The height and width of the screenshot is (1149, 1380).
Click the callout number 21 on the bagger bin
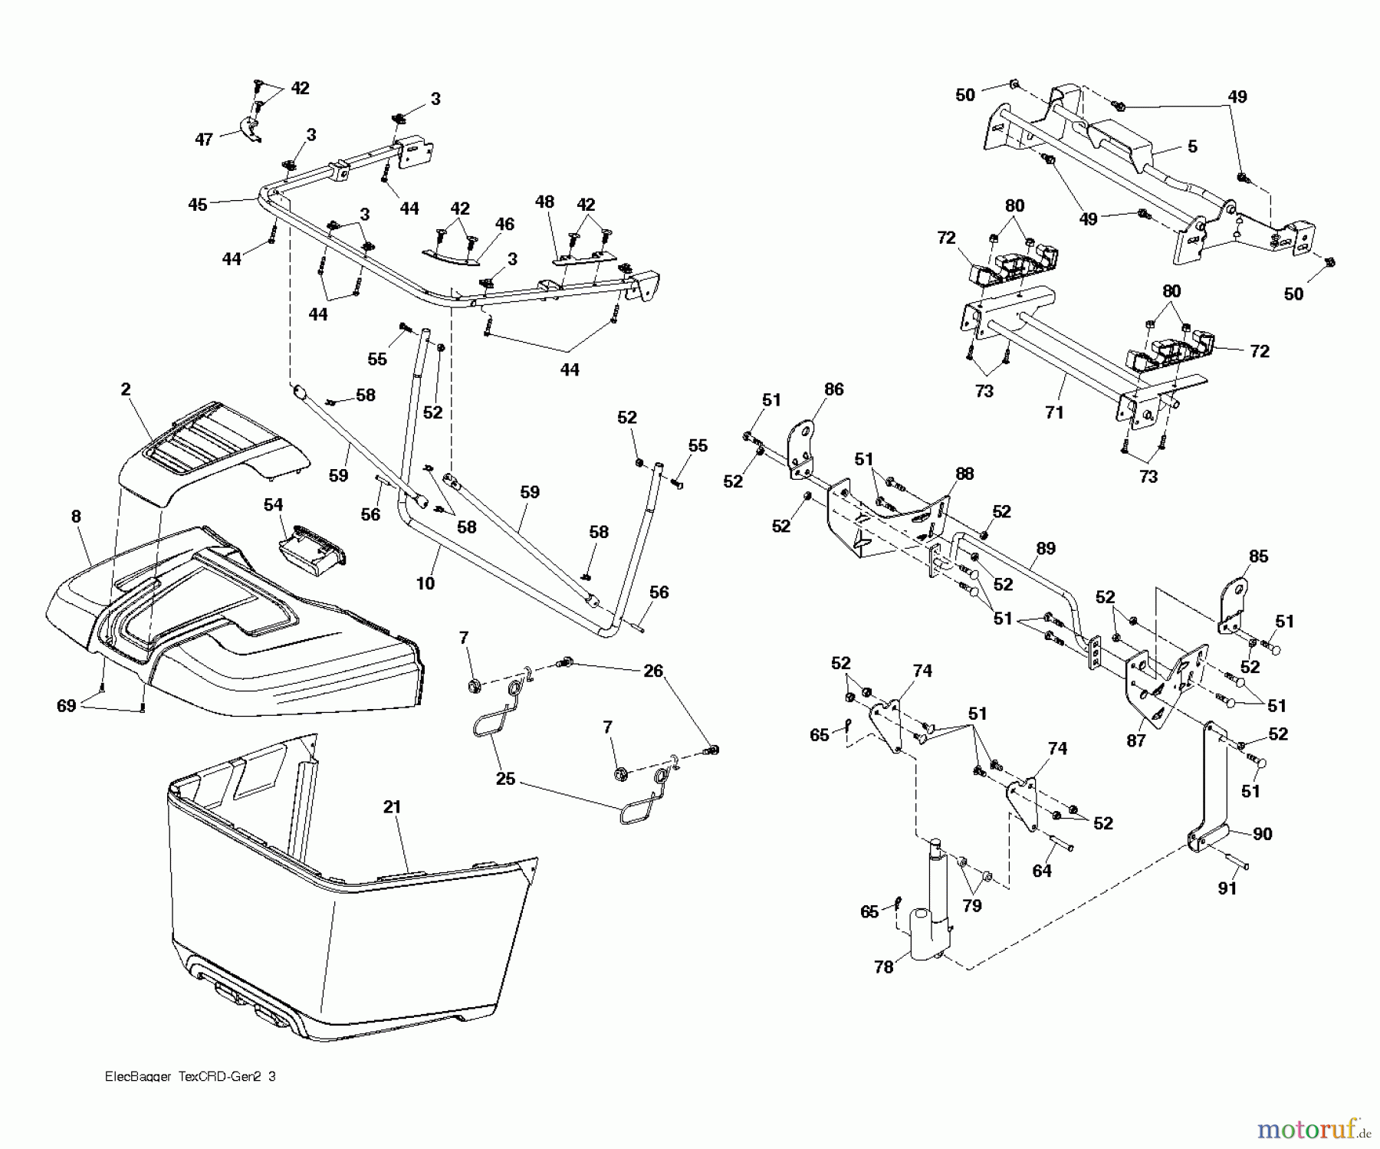click(x=392, y=806)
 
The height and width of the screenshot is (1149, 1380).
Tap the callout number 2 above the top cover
click(x=126, y=389)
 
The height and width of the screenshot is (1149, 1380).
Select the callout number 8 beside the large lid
click(x=76, y=517)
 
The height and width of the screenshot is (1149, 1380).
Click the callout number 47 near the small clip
click(x=204, y=140)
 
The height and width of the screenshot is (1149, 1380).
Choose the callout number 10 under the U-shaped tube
click(x=425, y=583)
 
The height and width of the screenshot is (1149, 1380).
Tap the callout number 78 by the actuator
click(x=884, y=967)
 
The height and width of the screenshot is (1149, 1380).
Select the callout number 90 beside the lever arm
click(x=1262, y=834)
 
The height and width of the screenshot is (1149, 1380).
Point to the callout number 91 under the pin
click(x=1227, y=888)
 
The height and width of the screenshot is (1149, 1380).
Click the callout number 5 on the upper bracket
click(x=1192, y=146)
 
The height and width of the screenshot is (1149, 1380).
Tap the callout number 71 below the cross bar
click(x=1054, y=412)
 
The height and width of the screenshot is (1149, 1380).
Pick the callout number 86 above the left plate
click(x=833, y=389)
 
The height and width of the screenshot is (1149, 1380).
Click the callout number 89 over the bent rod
click(x=1046, y=548)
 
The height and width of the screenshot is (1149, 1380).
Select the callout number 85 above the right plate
click(x=1259, y=556)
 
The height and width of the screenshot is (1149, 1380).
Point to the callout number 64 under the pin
click(x=1042, y=871)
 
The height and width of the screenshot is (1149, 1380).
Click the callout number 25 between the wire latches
click(x=506, y=780)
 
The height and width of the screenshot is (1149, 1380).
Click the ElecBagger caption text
click(x=189, y=1076)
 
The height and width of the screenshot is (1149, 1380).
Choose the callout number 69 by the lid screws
click(x=67, y=705)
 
